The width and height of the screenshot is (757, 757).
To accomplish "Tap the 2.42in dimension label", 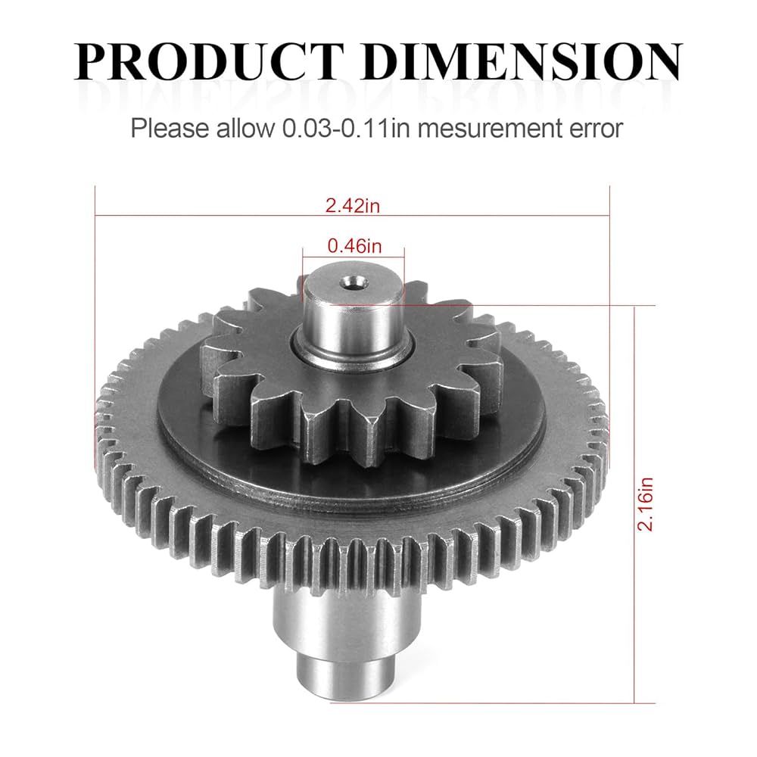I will pyautogui.click(x=352, y=204).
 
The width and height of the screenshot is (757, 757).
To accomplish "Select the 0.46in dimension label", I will pyautogui.click(x=354, y=245).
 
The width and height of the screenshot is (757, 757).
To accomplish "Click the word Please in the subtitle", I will pyautogui.click(x=168, y=128).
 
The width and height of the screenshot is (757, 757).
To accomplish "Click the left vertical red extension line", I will pyautogui.click(x=95, y=303).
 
